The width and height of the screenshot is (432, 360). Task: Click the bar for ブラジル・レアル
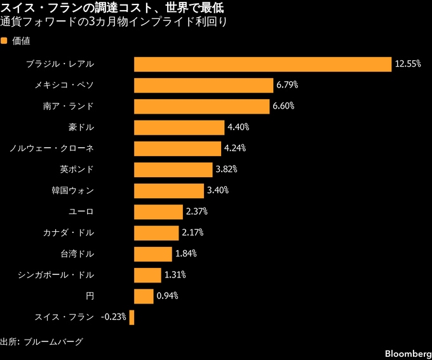pos(262,65)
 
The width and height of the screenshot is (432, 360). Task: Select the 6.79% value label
pos(287,85)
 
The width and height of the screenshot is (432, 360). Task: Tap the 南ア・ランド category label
pos(69,106)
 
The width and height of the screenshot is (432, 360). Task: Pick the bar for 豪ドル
pos(179,128)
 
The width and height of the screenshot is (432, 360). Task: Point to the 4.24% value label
pos(234,148)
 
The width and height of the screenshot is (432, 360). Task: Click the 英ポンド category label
pos(77,169)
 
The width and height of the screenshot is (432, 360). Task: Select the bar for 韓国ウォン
pos(169,191)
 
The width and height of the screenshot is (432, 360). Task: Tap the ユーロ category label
pos(81,211)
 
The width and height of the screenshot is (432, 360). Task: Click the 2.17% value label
pos(192,232)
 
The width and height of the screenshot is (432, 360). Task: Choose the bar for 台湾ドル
pos(153,254)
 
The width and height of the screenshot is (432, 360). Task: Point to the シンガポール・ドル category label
pos(56,275)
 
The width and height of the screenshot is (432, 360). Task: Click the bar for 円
pos(144,297)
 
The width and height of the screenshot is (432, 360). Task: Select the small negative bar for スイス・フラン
pos(132,317)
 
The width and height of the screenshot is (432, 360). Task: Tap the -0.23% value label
pos(114,317)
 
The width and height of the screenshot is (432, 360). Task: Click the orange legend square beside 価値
pos(4,41)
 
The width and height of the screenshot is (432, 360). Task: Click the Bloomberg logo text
pos(408,354)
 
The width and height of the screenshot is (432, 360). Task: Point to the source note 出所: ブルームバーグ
pos(41,342)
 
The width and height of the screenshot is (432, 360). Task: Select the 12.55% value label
pos(408,64)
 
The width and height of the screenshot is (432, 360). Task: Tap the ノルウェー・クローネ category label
pos(52,149)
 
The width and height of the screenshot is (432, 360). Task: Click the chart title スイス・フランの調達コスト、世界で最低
pos(112,8)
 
